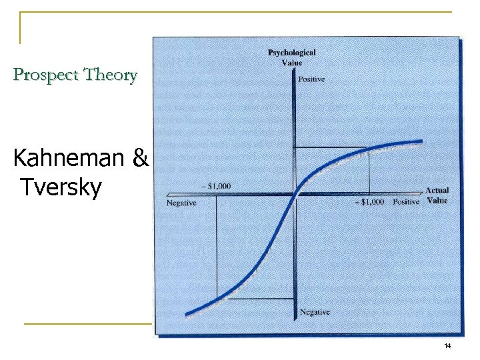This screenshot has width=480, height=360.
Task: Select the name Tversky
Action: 61,188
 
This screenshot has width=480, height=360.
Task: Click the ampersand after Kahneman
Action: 141,159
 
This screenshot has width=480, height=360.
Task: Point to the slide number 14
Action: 447,345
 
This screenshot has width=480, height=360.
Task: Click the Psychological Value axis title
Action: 291,57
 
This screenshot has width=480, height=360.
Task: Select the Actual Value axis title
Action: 437,195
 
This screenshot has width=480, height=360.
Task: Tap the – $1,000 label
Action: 215,186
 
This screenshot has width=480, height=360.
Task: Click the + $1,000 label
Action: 368,202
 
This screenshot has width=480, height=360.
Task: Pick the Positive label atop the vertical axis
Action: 311,79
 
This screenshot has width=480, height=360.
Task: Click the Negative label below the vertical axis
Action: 314,311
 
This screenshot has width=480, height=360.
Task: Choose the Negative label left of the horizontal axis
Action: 181,203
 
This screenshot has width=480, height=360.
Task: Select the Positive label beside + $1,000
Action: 405,202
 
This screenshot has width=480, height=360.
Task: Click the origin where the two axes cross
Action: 295,194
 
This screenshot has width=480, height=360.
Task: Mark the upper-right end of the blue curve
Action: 421,141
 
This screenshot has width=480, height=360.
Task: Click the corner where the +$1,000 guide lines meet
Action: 369,148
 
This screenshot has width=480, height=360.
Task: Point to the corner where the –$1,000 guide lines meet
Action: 217,298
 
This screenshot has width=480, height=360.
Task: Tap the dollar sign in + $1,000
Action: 363,202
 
